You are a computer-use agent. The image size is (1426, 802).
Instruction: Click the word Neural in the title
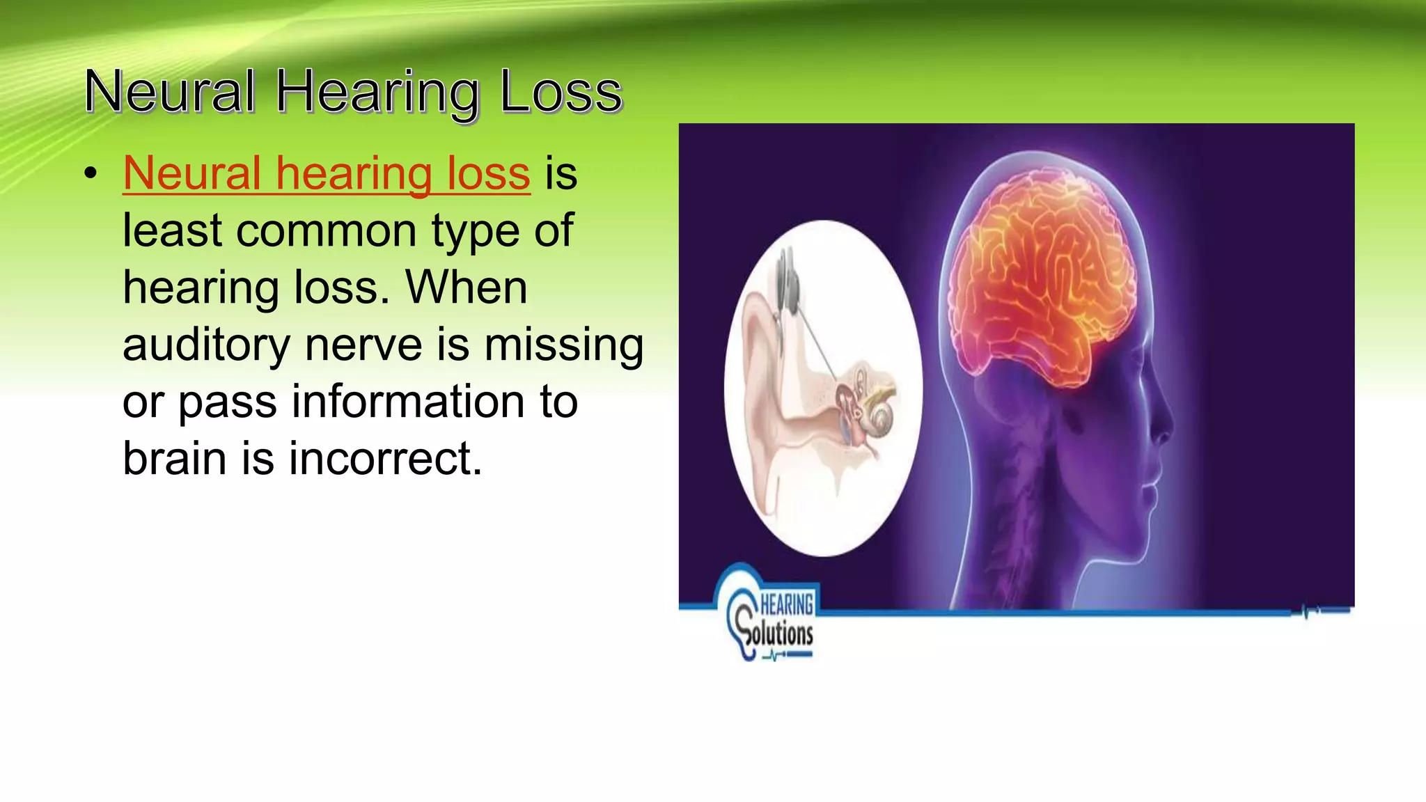pos(169,92)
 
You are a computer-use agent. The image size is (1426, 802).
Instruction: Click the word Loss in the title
pos(561,92)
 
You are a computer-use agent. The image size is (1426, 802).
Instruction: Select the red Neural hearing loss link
pos(326,173)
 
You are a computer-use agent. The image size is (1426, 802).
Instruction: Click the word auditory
pos(206,345)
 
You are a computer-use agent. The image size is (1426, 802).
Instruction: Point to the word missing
pos(563,345)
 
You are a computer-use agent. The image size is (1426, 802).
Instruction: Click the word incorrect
pos(385,459)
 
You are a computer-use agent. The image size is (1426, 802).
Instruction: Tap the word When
pos(467,288)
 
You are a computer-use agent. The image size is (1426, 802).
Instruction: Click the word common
pos(327,231)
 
